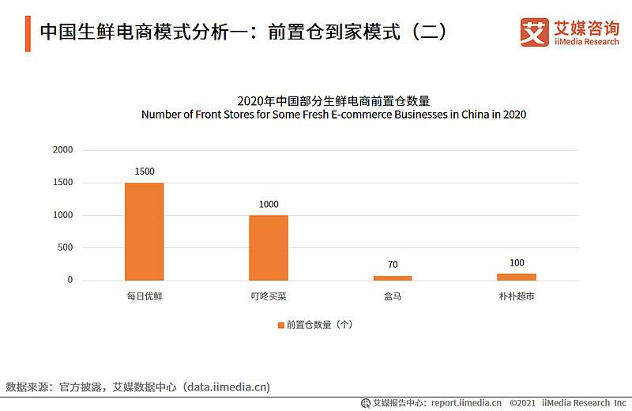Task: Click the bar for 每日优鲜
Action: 145,231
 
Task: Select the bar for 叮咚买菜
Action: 269,247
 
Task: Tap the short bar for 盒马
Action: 393,277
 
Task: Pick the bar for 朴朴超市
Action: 517,277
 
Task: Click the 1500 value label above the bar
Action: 145,172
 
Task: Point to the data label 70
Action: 393,264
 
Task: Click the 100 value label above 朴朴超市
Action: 517,262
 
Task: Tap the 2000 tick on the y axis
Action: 62,150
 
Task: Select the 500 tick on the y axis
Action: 65,247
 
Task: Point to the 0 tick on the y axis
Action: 70,280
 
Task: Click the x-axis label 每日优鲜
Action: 145,297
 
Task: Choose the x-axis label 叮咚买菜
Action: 269,297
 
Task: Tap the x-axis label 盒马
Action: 393,297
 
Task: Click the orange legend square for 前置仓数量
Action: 280,325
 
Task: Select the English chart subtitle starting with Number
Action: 333,114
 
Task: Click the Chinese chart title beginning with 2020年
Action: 333,100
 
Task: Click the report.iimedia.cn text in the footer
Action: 466,402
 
